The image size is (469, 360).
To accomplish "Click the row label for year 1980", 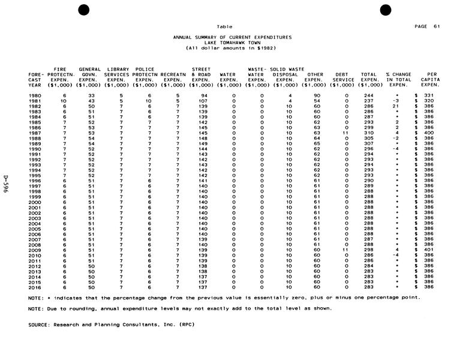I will click(35, 96).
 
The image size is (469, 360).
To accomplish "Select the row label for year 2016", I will click(35, 287).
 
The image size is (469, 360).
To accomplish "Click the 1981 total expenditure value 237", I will click(368, 101).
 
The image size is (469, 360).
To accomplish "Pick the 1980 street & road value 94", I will click(203, 96).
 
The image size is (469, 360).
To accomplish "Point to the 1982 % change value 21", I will click(396, 107).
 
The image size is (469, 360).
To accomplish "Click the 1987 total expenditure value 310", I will click(368, 133).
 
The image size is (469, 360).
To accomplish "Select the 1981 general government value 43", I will click(91, 101).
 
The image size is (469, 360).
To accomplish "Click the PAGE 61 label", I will click(427, 26).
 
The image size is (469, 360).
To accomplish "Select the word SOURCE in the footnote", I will click(40, 325).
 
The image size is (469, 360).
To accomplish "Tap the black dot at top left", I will click(84, 8).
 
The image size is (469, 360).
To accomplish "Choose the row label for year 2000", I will click(35, 202).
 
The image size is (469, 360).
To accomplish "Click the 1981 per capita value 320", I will click(429, 101).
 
